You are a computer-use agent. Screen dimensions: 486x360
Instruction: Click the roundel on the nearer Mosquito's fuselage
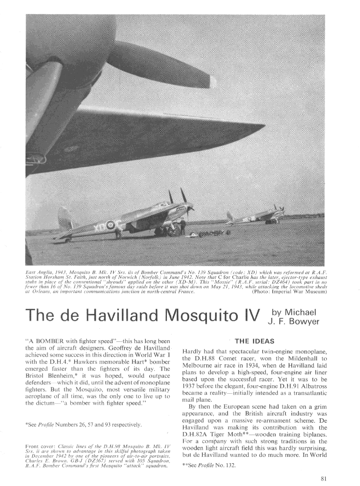[x=110, y=225]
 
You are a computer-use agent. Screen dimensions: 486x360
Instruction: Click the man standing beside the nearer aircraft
[x=183, y=226]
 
